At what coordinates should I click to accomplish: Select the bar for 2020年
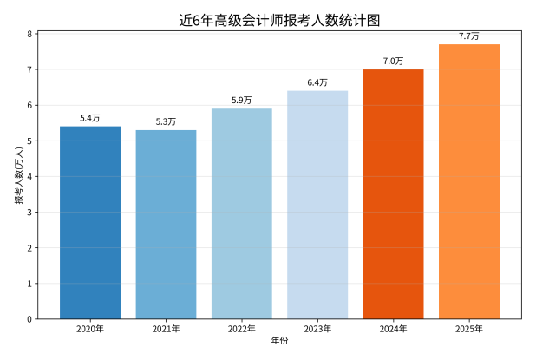click(x=90, y=222)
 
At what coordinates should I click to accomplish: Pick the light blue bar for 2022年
click(x=242, y=213)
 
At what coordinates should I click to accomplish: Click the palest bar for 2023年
click(x=317, y=205)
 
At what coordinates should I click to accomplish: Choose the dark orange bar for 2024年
click(x=393, y=193)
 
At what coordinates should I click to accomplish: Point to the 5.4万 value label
click(x=90, y=117)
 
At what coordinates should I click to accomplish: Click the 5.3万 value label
click(x=166, y=121)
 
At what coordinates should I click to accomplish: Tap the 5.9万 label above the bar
click(x=242, y=100)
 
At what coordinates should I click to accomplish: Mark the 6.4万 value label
click(x=317, y=82)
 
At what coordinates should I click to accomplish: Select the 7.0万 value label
click(x=393, y=61)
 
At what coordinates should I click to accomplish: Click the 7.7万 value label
click(x=469, y=36)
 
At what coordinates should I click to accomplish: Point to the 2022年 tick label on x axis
click(x=242, y=329)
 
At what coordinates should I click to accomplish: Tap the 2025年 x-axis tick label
click(x=469, y=329)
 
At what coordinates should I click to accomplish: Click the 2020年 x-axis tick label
click(x=90, y=329)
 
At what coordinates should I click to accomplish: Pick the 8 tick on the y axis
click(x=29, y=34)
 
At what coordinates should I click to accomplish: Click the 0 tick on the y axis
click(x=29, y=318)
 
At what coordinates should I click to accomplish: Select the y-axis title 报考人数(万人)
click(x=18, y=176)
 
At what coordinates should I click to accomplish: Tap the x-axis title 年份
click(x=279, y=341)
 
